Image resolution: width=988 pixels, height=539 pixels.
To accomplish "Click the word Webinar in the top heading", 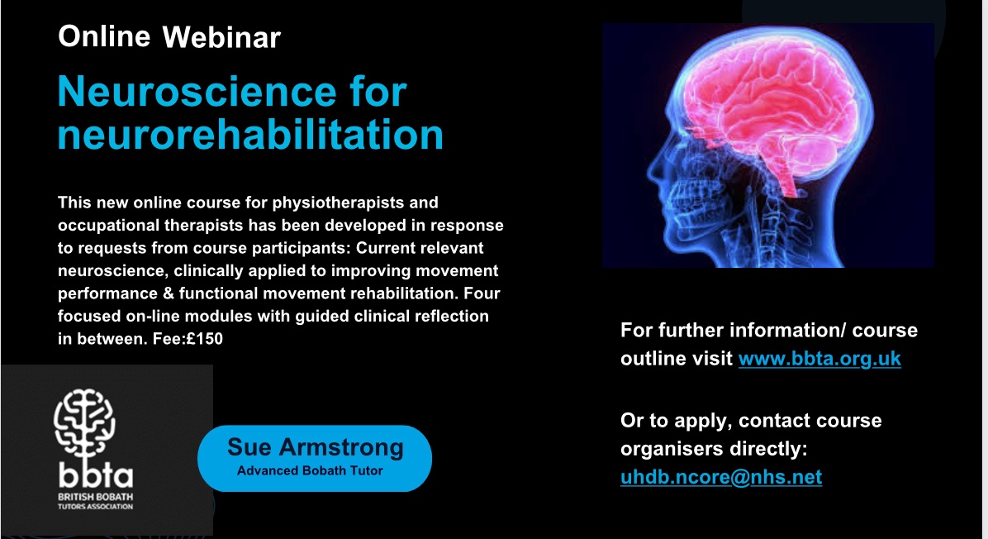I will click(221, 37).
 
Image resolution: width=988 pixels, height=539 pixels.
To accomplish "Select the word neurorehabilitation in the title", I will click(249, 134).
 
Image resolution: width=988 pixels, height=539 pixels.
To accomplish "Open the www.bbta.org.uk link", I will click(819, 359).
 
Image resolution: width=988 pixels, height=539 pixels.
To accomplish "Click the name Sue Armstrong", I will click(315, 447).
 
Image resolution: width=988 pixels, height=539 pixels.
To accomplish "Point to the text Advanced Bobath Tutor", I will click(310, 471).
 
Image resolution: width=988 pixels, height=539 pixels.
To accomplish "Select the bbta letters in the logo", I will click(94, 477).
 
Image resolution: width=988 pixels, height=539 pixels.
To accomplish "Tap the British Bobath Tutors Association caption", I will click(94, 501).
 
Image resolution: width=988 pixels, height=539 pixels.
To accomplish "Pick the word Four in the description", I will click(482, 293).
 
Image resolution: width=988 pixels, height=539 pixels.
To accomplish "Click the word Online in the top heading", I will click(104, 36).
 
